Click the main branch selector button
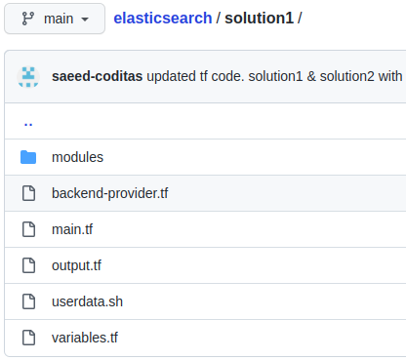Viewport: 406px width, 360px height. (x=55, y=19)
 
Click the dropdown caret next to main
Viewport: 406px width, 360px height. (x=86, y=20)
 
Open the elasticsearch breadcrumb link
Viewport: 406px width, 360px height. (x=161, y=19)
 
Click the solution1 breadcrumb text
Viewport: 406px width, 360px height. (x=261, y=19)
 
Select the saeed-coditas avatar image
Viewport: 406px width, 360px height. (x=28, y=76)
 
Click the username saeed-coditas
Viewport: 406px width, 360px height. (x=97, y=75)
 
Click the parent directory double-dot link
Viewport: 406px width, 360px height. (x=28, y=123)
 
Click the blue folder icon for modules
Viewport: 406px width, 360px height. (x=28, y=157)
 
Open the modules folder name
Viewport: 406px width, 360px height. (x=77, y=157)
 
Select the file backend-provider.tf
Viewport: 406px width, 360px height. (x=109, y=193)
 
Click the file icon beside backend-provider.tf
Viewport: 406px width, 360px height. (x=28, y=193)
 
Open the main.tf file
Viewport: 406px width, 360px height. (x=72, y=229)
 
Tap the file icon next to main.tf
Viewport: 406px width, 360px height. (x=28, y=229)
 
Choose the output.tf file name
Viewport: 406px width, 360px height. (x=76, y=265)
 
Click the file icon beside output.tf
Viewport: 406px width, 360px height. (x=28, y=265)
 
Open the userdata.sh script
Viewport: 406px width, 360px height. (x=87, y=301)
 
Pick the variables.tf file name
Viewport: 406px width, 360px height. (x=84, y=338)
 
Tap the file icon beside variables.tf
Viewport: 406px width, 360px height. (x=28, y=338)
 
